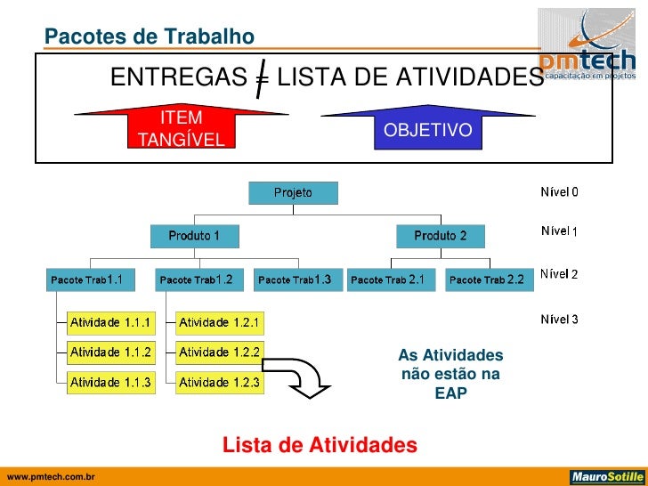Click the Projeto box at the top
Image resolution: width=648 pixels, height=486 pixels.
(293, 192)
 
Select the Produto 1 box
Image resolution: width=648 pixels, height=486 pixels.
(194, 236)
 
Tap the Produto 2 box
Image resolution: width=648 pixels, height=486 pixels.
(441, 236)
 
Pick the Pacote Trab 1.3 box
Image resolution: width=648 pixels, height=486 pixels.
(294, 279)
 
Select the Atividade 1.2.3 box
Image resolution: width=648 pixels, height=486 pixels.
(219, 383)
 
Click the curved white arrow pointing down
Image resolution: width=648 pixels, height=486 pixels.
(300, 377)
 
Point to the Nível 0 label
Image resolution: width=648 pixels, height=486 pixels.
(559, 191)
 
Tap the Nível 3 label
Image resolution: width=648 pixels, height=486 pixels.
(559, 319)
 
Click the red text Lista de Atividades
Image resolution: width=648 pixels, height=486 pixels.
(319, 444)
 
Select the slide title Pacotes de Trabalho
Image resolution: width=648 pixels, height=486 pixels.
(150, 36)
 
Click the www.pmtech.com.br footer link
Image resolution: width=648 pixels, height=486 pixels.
(51, 478)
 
